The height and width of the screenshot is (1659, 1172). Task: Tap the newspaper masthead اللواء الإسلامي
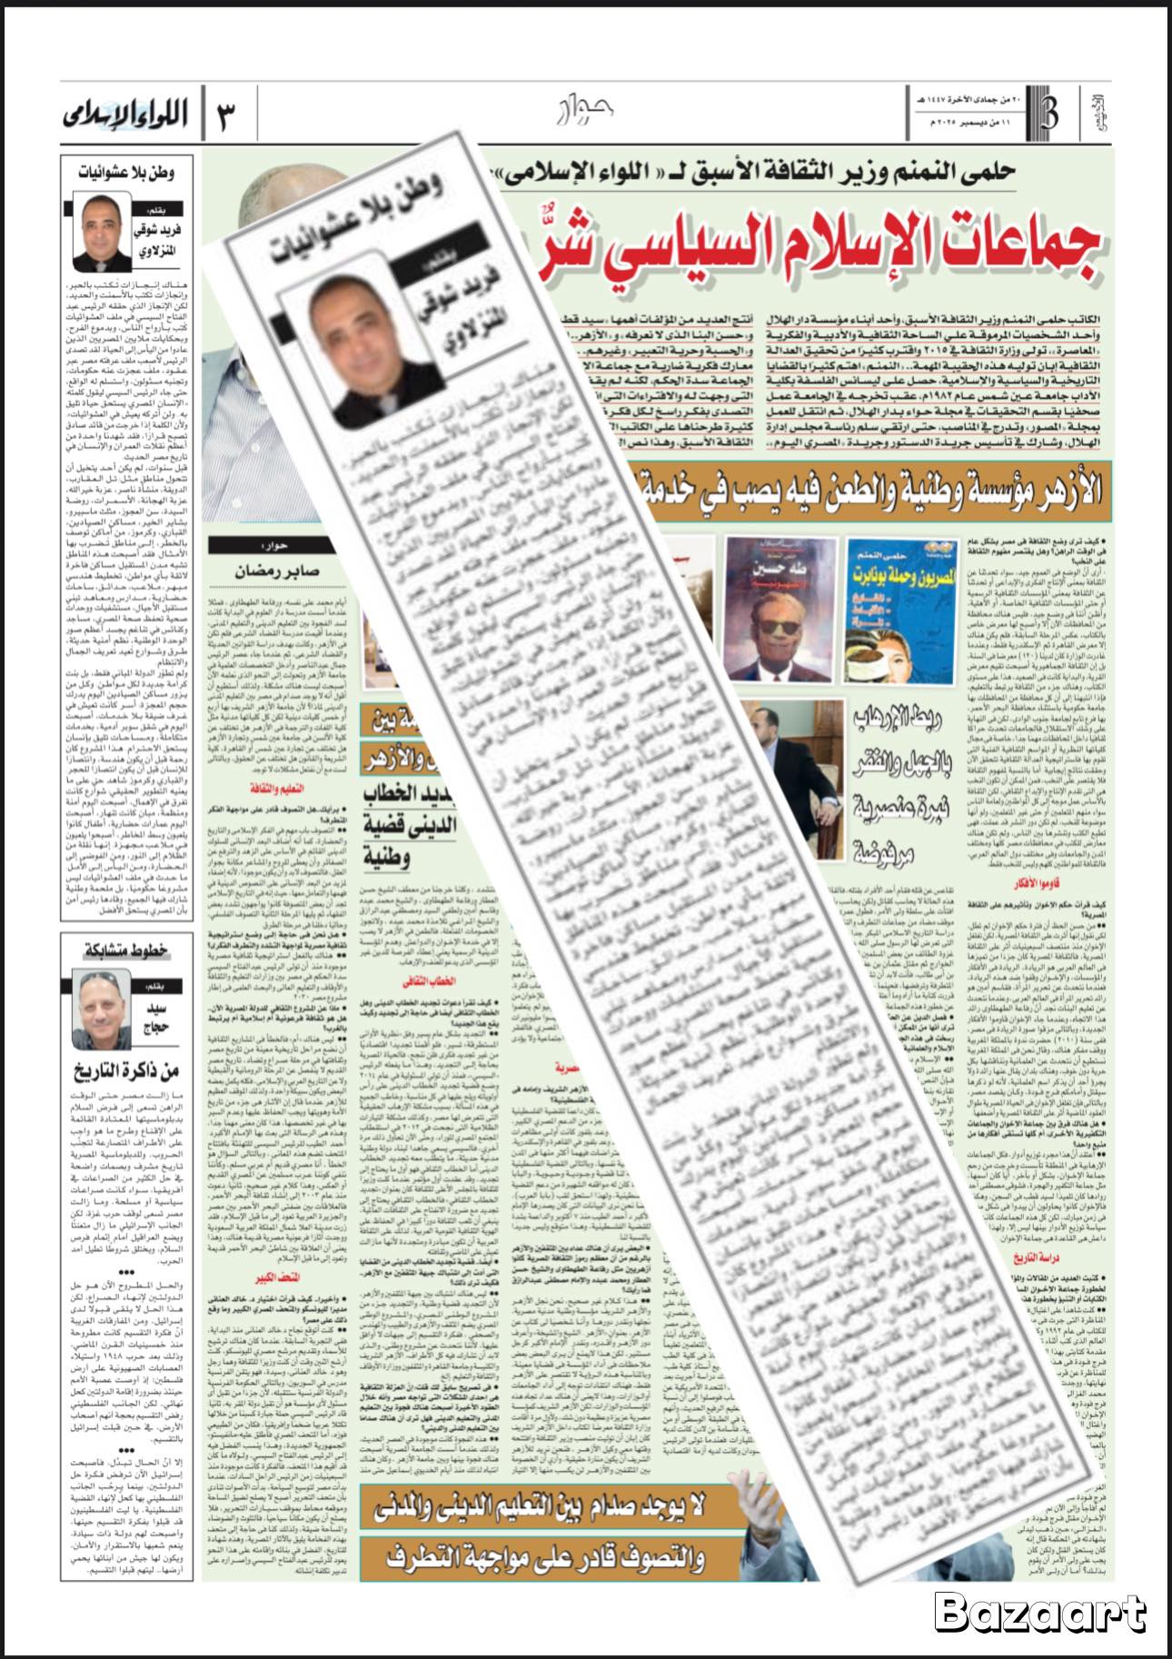pos(125,115)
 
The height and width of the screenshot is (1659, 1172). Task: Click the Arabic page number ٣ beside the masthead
pos(224,116)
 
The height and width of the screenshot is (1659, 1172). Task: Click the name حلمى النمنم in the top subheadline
pos(965,173)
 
